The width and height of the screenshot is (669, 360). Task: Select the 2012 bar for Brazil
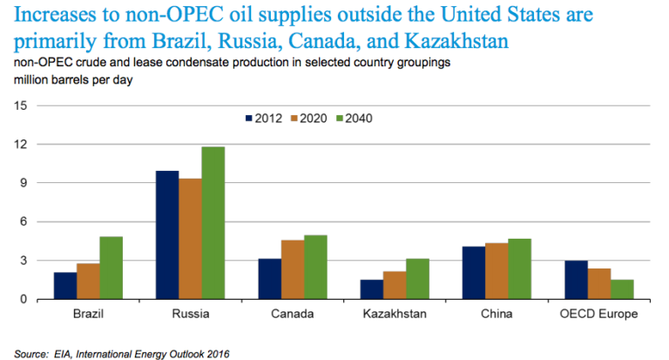click(x=64, y=286)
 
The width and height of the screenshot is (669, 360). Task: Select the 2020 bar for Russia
click(x=190, y=239)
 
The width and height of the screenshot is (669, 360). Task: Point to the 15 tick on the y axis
click(x=22, y=105)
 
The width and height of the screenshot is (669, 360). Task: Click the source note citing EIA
click(x=122, y=353)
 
